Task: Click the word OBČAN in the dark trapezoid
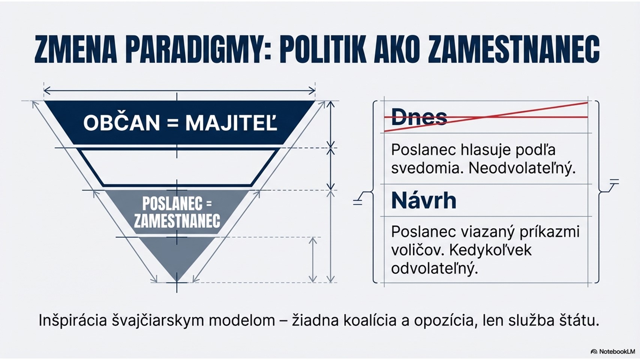(121, 123)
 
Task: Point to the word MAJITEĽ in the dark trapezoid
(231, 123)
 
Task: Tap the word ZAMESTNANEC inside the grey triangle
(177, 220)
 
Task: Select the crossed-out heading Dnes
(419, 117)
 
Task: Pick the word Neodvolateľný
(522, 169)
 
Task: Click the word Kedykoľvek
(490, 250)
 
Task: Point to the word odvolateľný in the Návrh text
(434, 268)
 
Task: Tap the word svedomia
(427, 169)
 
